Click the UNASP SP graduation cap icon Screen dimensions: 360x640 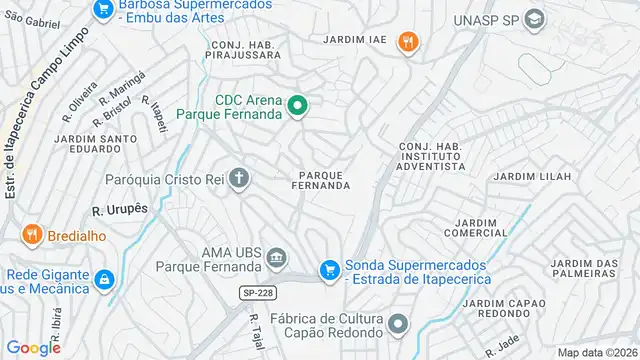[535, 19]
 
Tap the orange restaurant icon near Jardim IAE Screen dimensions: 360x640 [407, 42]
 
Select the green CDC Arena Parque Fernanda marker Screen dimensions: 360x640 [297, 105]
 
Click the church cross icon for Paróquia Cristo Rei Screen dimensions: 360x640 [238, 179]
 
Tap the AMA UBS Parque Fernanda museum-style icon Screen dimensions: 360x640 [275, 261]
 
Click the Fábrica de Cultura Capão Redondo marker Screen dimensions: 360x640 [399, 324]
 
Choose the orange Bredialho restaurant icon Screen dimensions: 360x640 [32, 235]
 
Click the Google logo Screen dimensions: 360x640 [33, 348]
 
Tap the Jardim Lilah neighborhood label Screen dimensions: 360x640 [533, 177]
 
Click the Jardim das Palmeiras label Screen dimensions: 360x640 [584, 269]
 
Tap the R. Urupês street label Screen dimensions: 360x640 [120, 211]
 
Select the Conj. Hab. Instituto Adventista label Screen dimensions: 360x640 [432, 158]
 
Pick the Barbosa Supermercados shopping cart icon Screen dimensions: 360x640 [102, 9]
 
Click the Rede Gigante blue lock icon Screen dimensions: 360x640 [102, 277]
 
